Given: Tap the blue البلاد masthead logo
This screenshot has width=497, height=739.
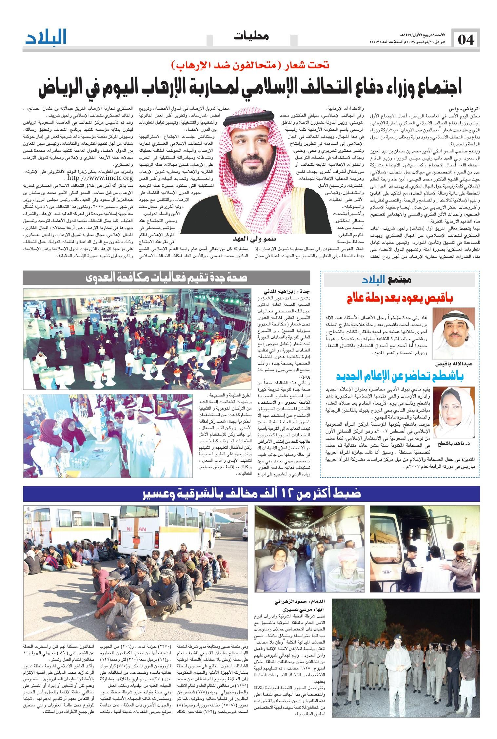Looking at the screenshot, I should pos(46,37).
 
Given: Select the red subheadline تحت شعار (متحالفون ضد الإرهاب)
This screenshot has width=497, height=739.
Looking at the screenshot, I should pos(249,65).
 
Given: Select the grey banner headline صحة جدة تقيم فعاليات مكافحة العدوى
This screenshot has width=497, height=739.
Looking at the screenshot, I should pos(167,278).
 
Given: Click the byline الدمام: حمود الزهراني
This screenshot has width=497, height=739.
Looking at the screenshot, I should pos(304,602).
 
